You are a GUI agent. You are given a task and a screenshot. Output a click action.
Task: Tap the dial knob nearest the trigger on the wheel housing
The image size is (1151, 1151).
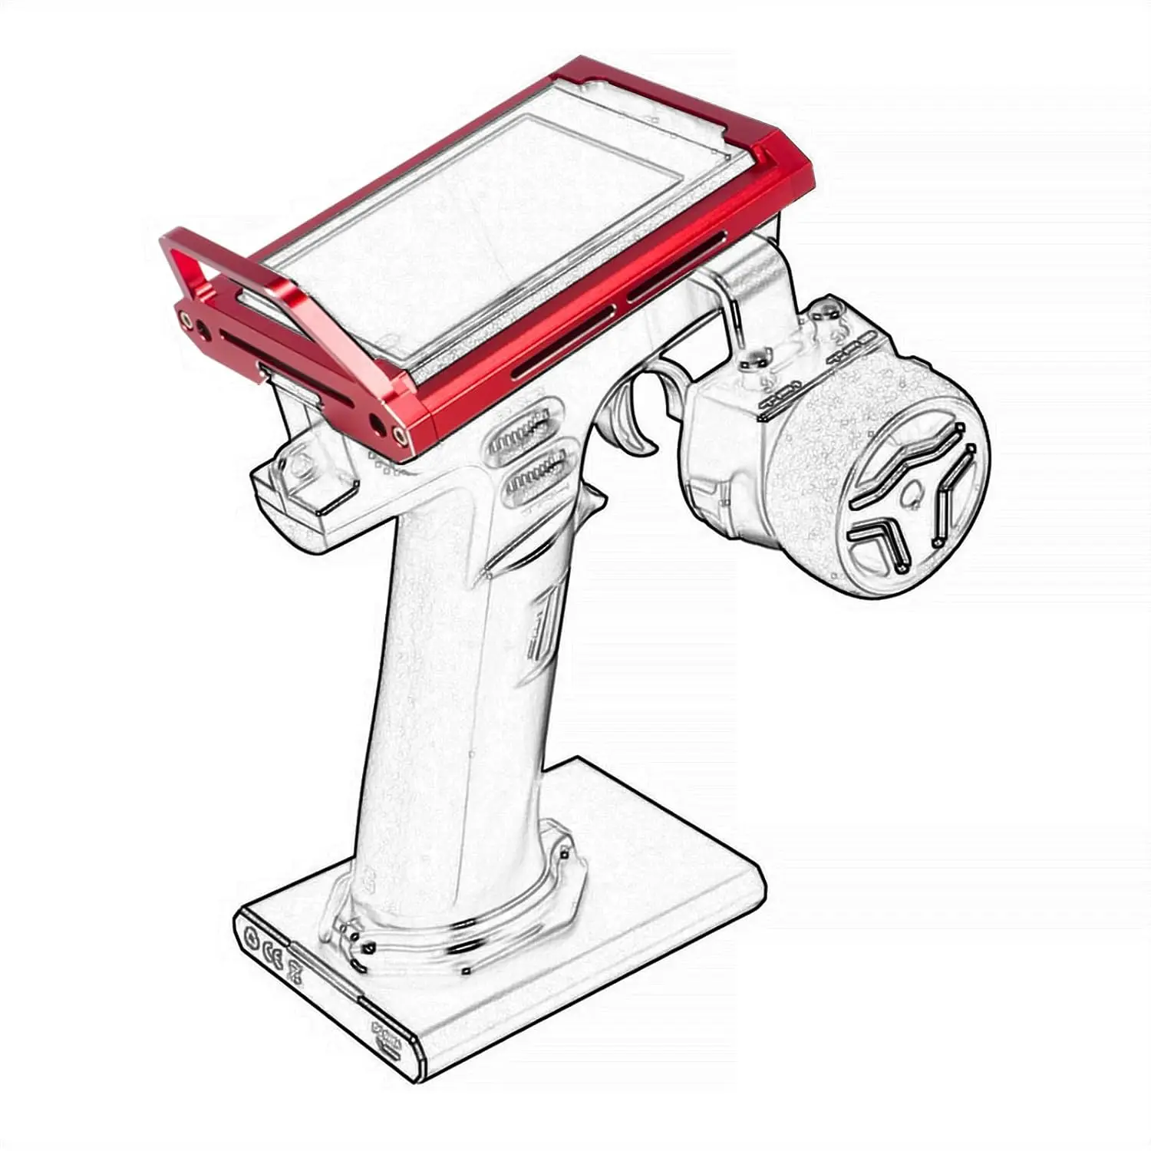tap(756, 357)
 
